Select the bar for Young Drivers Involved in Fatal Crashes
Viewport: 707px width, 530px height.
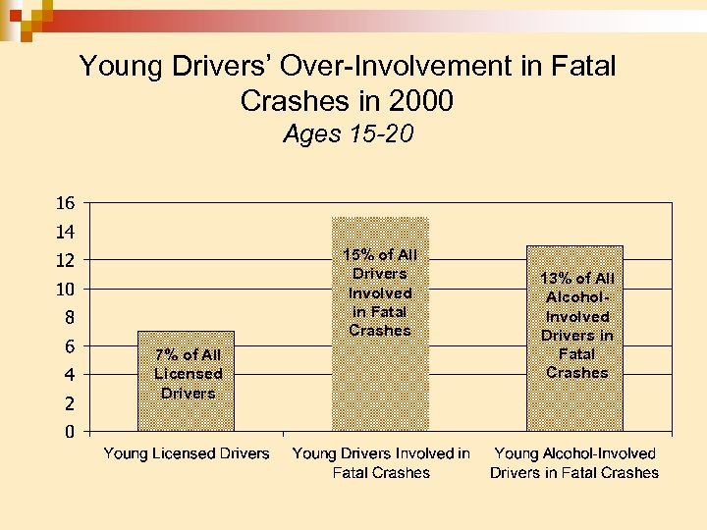pos(380,383)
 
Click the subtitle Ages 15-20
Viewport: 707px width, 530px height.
pos(349,134)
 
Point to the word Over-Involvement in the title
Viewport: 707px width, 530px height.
pos(400,67)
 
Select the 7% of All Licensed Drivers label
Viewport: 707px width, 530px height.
pos(188,374)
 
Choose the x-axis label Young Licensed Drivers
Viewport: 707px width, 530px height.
pos(187,453)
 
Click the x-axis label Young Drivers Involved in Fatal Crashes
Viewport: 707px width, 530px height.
pos(381,463)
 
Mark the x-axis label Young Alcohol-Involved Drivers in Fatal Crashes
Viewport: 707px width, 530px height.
pos(575,463)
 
